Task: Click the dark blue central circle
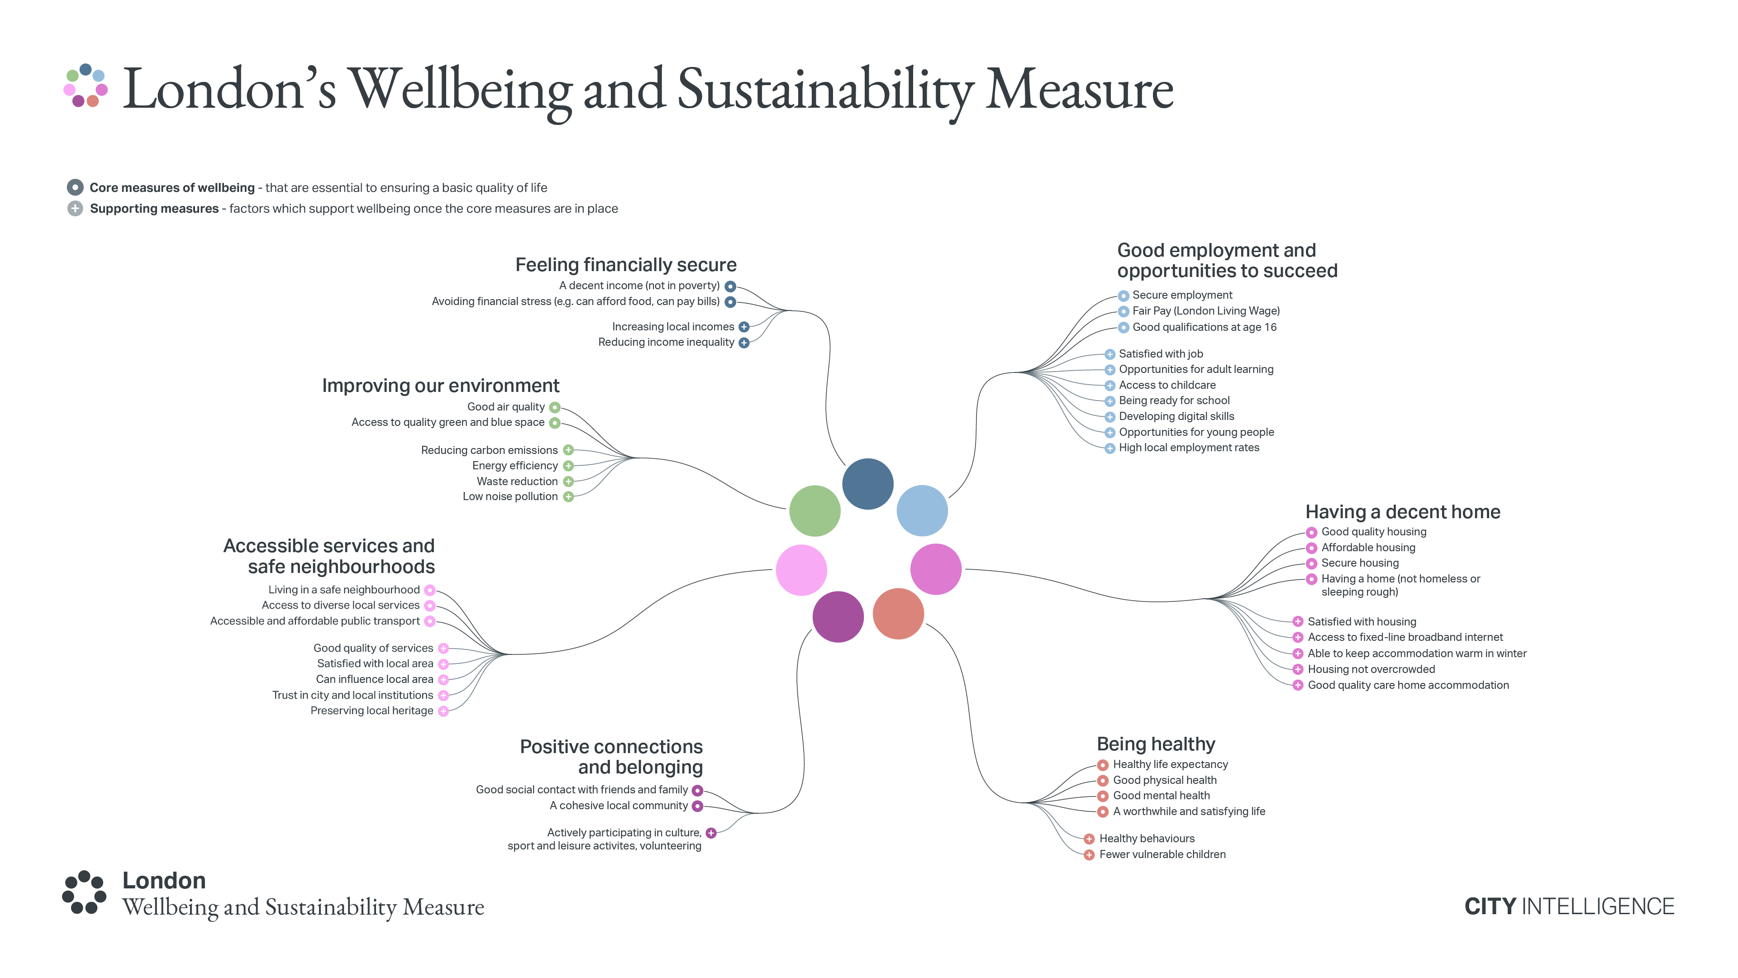[868, 484]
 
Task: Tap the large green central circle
[814, 511]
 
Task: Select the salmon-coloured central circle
[898, 614]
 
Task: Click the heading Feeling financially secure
[625, 265]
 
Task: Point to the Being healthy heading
[1155, 744]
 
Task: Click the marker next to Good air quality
[555, 407]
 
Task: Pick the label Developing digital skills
[1176, 416]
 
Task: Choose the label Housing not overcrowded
[1371, 669]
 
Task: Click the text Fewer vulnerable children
[1162, 854]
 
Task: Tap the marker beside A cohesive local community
[698, 806]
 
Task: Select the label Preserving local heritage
[372, 711]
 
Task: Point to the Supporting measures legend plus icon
[75, 209]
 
